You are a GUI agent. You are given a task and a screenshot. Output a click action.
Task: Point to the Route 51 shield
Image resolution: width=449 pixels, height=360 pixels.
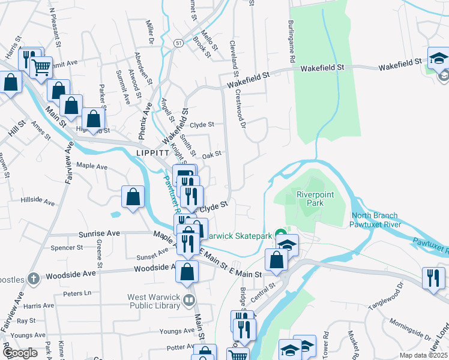click(179, 43)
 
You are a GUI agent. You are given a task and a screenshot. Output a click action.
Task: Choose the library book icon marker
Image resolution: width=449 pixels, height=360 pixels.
click(190, 299)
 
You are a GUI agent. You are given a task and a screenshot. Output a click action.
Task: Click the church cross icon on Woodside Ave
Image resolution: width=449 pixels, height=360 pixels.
click(34, 278)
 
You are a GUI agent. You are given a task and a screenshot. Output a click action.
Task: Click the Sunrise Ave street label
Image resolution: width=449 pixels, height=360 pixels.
click(96, 233)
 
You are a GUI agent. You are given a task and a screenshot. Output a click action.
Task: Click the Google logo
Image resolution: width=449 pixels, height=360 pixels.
click(20, 353)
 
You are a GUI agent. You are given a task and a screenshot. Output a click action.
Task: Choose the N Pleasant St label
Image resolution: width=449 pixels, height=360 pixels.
click(55, 28)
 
